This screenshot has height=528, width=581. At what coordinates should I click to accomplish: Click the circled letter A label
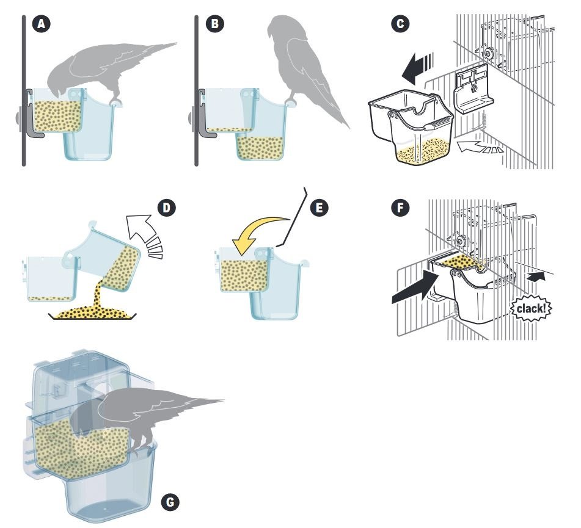point(42,24)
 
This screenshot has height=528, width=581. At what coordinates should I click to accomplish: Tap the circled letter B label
point(215,24)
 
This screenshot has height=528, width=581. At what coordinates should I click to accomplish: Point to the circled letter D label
point(166,208)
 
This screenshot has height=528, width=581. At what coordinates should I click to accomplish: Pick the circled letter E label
point(318,208)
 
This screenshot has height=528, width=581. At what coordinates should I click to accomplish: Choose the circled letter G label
point(172,502)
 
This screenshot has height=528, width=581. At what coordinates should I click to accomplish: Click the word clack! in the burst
point(529,308)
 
